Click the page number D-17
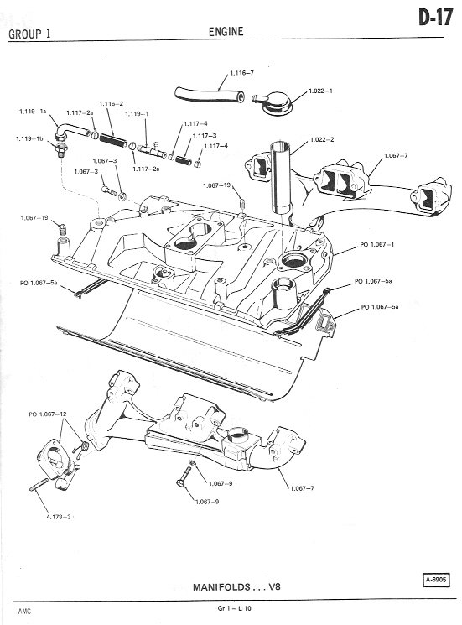pyautogui.click(x=436, y=18)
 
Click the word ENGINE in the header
pyautogui.click(x=226, y=32)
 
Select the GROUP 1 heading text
pyautogui.click(x=29, y=34)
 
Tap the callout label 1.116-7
pyautogui.click(x=241, y=73)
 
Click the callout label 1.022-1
pyautogui.click(x=320, y=91)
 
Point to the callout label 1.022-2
pyautogui.click(x=322, y=139)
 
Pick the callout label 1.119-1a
pyautogui.click(x=33, y=112)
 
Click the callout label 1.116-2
pyautogui.click(x=112, y=104)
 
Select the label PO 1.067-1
pyautogui.click(x=376, y=244)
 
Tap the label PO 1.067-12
pyautogui.click(x=48, y=414)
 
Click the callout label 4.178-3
pyautogui.click(x=59, y=517)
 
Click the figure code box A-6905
pyautogui.click(x=435, y=580)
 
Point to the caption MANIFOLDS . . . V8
pyautogui.click(x=236, y=586)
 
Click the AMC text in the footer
pyautogui.click(x=23, y=611)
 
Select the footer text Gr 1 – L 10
pyautogui.click(x=235, y=608)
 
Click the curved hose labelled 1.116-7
pyautogui.click(x=209, y=96)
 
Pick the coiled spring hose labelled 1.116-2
pyautogui.click(x=112, y=139)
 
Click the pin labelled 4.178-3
pyautogui.click(x=39, y=485)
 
